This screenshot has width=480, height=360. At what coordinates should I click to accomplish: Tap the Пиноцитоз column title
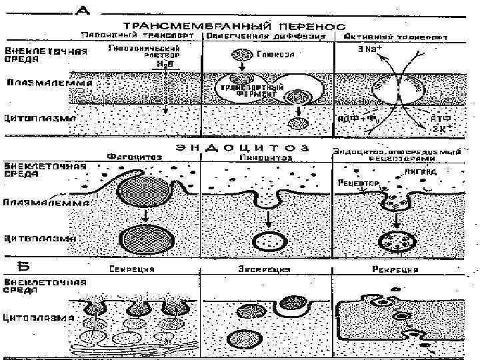266,157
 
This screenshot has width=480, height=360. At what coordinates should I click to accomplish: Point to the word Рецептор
359,181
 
